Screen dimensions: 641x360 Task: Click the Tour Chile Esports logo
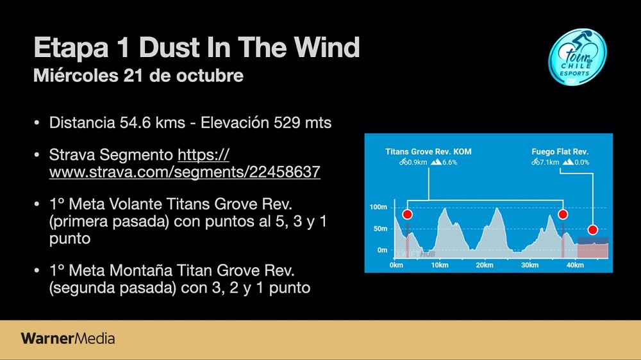[578, 57]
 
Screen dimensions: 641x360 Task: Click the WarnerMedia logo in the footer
[68, 338]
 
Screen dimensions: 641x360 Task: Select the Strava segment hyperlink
[185, 163]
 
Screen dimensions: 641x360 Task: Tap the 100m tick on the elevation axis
[378, 207]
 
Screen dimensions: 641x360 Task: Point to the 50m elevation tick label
[380, 229]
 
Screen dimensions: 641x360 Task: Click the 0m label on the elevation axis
[382, 250]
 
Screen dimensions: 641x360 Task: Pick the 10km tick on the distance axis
[440, 265]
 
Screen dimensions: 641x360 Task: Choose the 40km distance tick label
[575, 265]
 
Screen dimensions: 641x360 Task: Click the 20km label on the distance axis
[485, 265]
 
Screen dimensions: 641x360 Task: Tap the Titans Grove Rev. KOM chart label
[428, 152]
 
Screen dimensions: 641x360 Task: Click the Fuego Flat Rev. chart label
[560, 152]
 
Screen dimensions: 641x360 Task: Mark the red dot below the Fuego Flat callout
[593, 230]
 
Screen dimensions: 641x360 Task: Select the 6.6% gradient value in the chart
[450, 162]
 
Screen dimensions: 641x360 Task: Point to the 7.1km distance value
[549, 162]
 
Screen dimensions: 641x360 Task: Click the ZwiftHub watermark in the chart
[415, 254]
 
